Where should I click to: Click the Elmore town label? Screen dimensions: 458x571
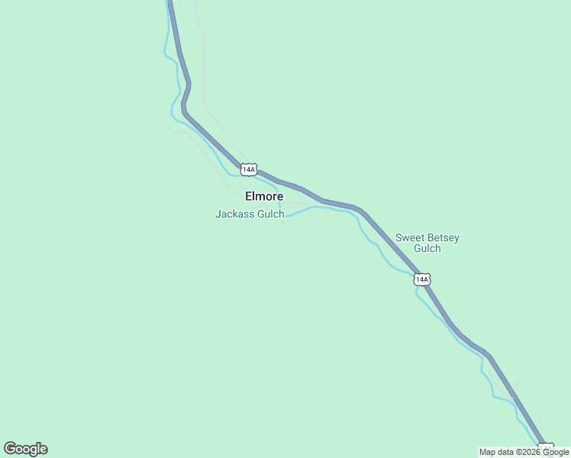coord(264,196)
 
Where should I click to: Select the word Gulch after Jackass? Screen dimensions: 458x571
coord(271,214)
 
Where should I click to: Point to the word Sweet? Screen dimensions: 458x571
coord(409,238)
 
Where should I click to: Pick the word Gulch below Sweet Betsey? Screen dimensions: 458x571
coord(427,249)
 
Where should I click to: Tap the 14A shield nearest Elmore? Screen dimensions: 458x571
coord(248,169)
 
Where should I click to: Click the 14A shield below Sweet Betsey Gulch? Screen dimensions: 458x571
coord(422,279)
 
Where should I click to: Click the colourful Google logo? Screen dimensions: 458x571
coord(25,449)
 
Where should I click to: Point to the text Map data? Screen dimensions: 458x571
coord(497,453)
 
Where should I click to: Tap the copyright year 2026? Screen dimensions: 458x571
coord(529,453)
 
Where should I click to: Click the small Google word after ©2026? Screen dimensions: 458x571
coord(556,453)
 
